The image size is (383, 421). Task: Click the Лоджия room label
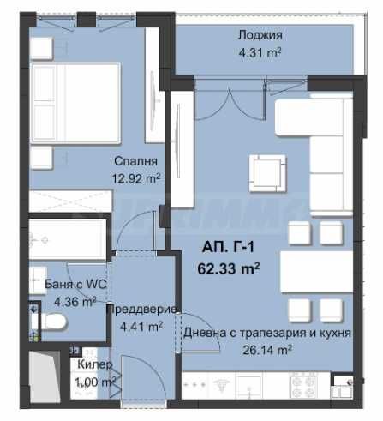pos(260,35)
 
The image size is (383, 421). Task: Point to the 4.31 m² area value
pos(260,51)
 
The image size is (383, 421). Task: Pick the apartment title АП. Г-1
pos(229,249)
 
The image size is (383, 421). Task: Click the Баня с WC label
pos(61,284)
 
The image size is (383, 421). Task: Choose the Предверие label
pos(141,310)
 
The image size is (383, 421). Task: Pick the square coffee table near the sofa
pos(266,167)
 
